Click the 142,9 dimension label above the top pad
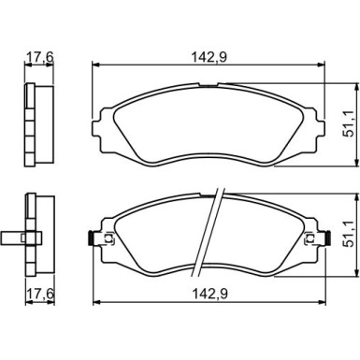[x=209, y=57]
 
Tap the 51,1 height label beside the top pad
[x=349, y=124]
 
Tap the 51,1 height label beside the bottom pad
[x=349, y=234]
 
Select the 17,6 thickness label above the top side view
[x=39, y=57]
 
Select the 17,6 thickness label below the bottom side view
[x=39, y=294]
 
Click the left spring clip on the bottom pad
[x=90, y=238]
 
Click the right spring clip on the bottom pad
[x=327, y=238]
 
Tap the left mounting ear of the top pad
[x=97, y=129]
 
